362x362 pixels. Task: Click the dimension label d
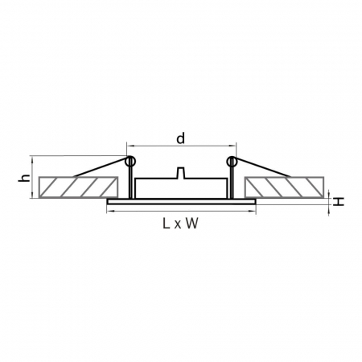click(181, 138)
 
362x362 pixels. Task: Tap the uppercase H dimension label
click(339, 202)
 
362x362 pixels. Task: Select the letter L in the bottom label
click(167, 223)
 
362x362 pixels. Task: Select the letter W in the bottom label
click(192, 223)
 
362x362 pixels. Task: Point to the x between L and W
click(178, 224)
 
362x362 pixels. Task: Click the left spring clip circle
click(130, 161)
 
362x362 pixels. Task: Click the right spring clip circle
click(232, 161)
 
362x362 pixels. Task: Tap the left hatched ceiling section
click(78, 187)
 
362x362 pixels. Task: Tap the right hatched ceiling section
click(284, 187)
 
